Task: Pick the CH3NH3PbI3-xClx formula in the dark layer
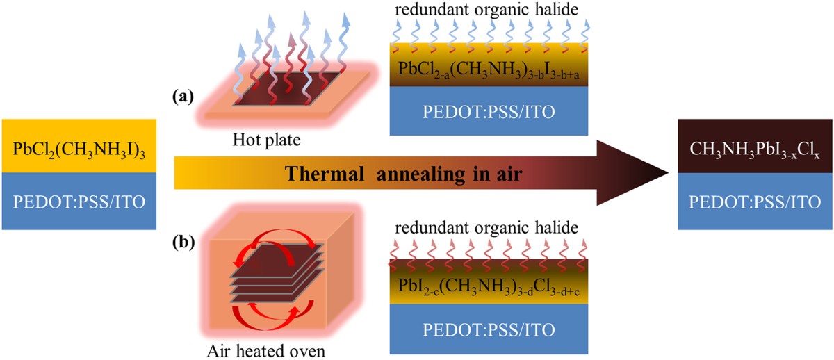tap(755, 149)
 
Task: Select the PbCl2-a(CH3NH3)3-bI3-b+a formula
tap(485, 70)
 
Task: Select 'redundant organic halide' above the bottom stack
tap(486, 229)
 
